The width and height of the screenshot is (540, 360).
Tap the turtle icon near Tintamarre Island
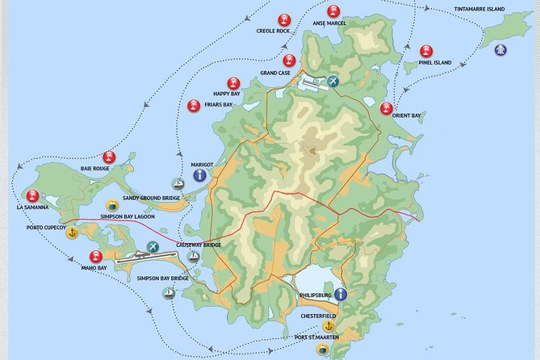pos(501,49)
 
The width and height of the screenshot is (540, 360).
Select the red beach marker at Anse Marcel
pos(333,11)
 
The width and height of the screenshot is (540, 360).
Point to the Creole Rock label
pos(273,31)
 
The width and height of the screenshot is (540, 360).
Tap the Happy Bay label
pos(224,94)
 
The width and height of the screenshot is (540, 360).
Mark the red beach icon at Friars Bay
pos(194,105)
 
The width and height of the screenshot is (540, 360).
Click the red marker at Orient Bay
pos(386,108)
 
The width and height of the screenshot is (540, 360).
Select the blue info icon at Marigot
pos(199,174)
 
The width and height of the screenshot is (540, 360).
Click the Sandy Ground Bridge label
pos(151,197)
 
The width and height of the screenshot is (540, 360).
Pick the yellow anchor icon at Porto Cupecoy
pos(72,232)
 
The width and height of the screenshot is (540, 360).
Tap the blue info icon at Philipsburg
pos(340,294)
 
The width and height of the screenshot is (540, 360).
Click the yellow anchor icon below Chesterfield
pos(328,326)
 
